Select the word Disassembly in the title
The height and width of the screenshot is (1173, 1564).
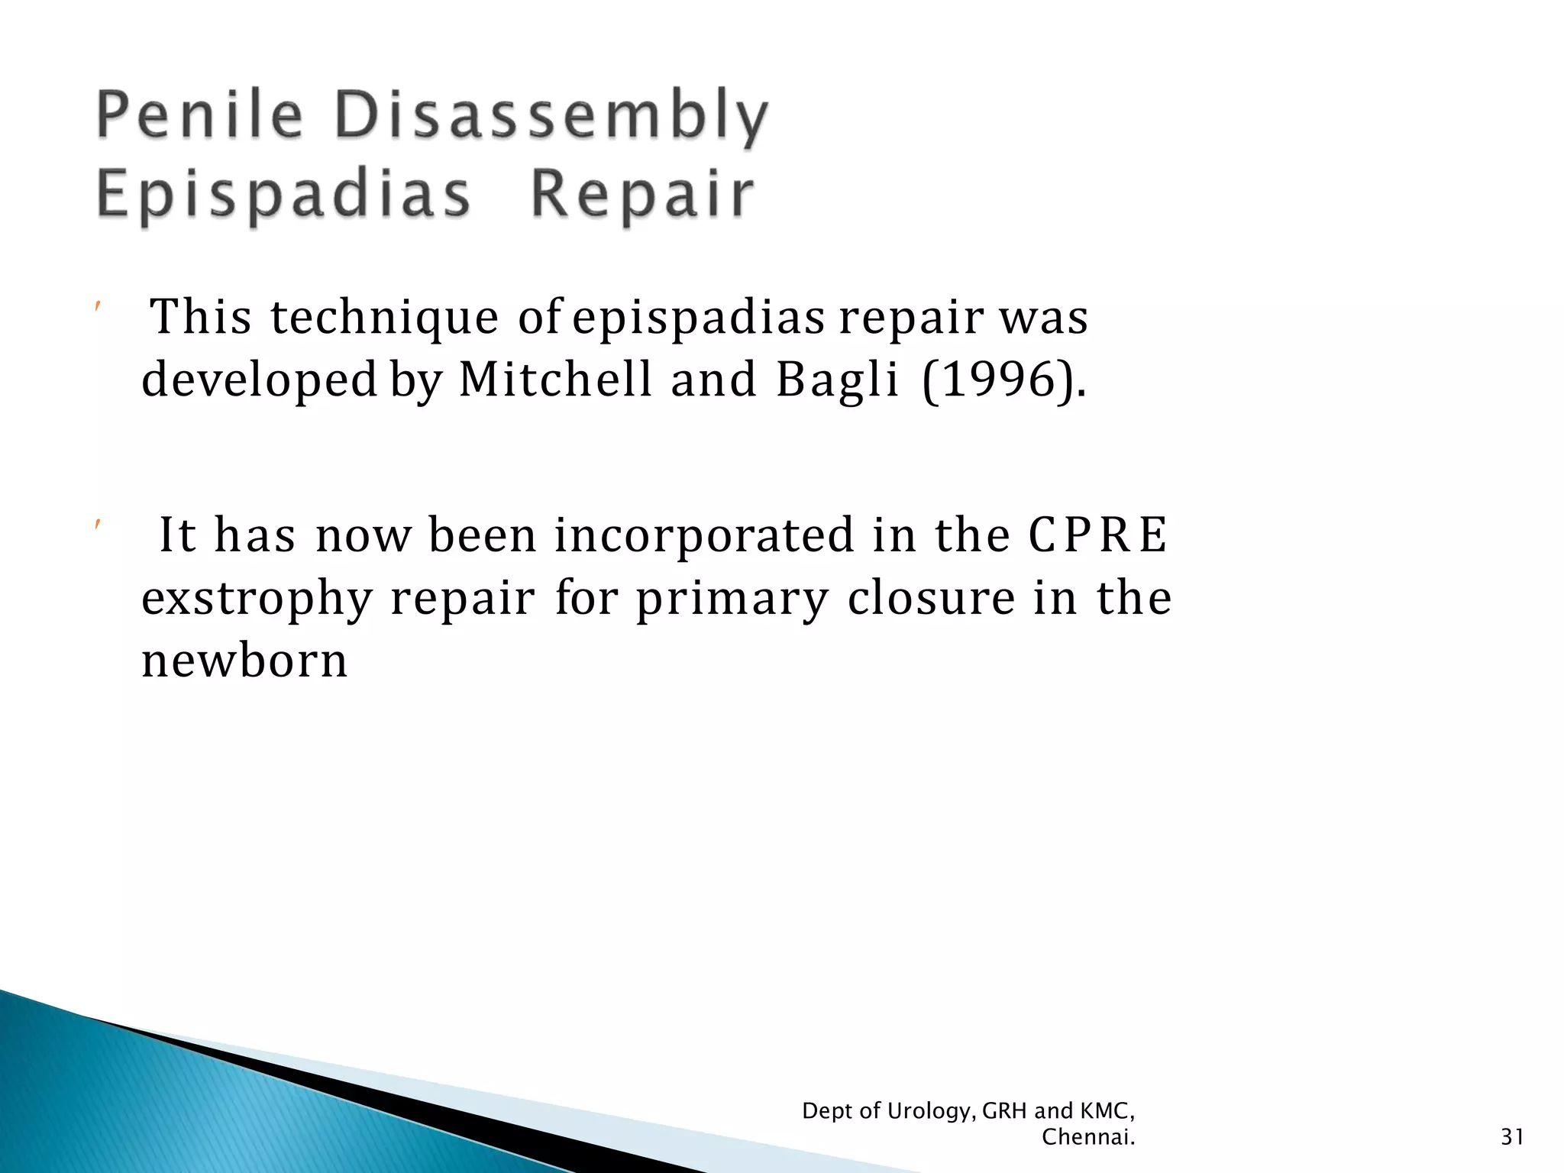point(551,116)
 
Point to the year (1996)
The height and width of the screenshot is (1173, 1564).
point(1003,380)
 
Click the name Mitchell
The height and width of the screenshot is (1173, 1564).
point(555,379)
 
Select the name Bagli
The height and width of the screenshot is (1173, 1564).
point(837,380)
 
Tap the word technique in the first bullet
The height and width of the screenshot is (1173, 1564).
point(384,317)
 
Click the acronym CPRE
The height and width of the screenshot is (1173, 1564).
point(1097,535)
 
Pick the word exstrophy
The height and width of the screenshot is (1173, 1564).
point(257,599)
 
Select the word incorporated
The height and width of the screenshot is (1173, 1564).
point(703,536)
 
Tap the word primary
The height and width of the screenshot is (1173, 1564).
point(732,599)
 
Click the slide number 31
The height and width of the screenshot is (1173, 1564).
point(1512,1138)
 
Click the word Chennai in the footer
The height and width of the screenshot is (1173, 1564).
point(1087,1138)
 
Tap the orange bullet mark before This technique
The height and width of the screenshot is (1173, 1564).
point(97,307)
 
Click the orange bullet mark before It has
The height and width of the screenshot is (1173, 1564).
point(97,525)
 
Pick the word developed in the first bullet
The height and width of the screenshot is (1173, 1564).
point(260,380)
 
